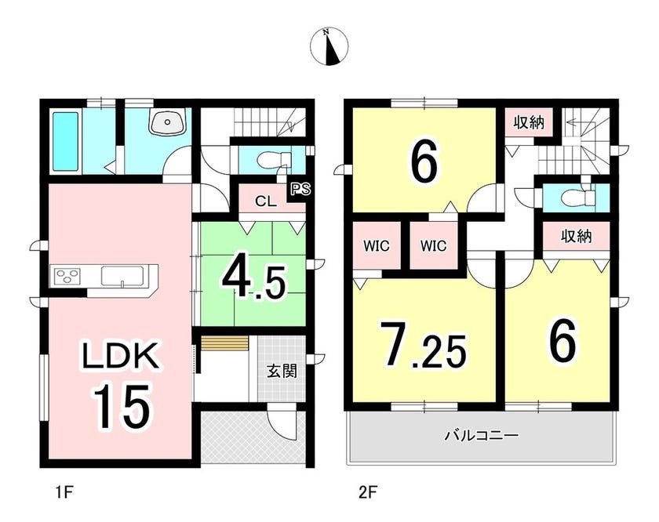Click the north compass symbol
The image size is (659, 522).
point(329,46)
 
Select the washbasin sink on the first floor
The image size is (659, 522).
point(167,121)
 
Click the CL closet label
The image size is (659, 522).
point(266,201)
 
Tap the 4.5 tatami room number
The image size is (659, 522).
point(253,281)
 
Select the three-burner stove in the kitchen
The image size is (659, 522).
point(67,276)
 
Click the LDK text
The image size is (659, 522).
point(120,356)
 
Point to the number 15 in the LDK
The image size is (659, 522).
point(121,406)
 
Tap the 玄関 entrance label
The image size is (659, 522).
point(282,371)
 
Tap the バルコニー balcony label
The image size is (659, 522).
point(481,436)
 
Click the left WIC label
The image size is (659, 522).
point(376,245)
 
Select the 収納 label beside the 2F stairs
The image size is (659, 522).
point(529,122)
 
